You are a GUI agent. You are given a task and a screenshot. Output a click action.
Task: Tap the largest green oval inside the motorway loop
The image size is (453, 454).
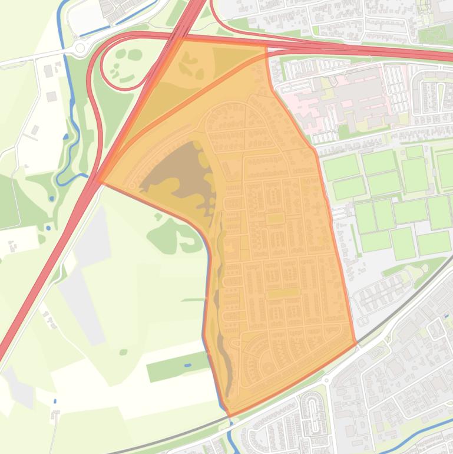point(135,55)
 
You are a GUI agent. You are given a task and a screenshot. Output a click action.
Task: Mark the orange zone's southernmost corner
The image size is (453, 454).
point(230,415)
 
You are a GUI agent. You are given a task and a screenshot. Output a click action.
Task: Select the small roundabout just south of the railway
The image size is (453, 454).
point(326,380)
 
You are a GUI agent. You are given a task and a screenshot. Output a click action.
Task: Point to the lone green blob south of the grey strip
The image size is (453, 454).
point(123,352)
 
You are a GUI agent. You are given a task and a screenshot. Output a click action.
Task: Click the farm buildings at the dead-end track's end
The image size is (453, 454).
point(55,416)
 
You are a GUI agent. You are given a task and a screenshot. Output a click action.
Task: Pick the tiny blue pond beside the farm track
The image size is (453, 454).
point(55,401)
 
